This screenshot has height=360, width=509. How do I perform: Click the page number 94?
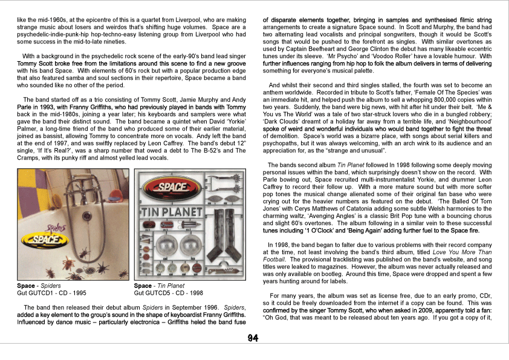coord(253,338)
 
